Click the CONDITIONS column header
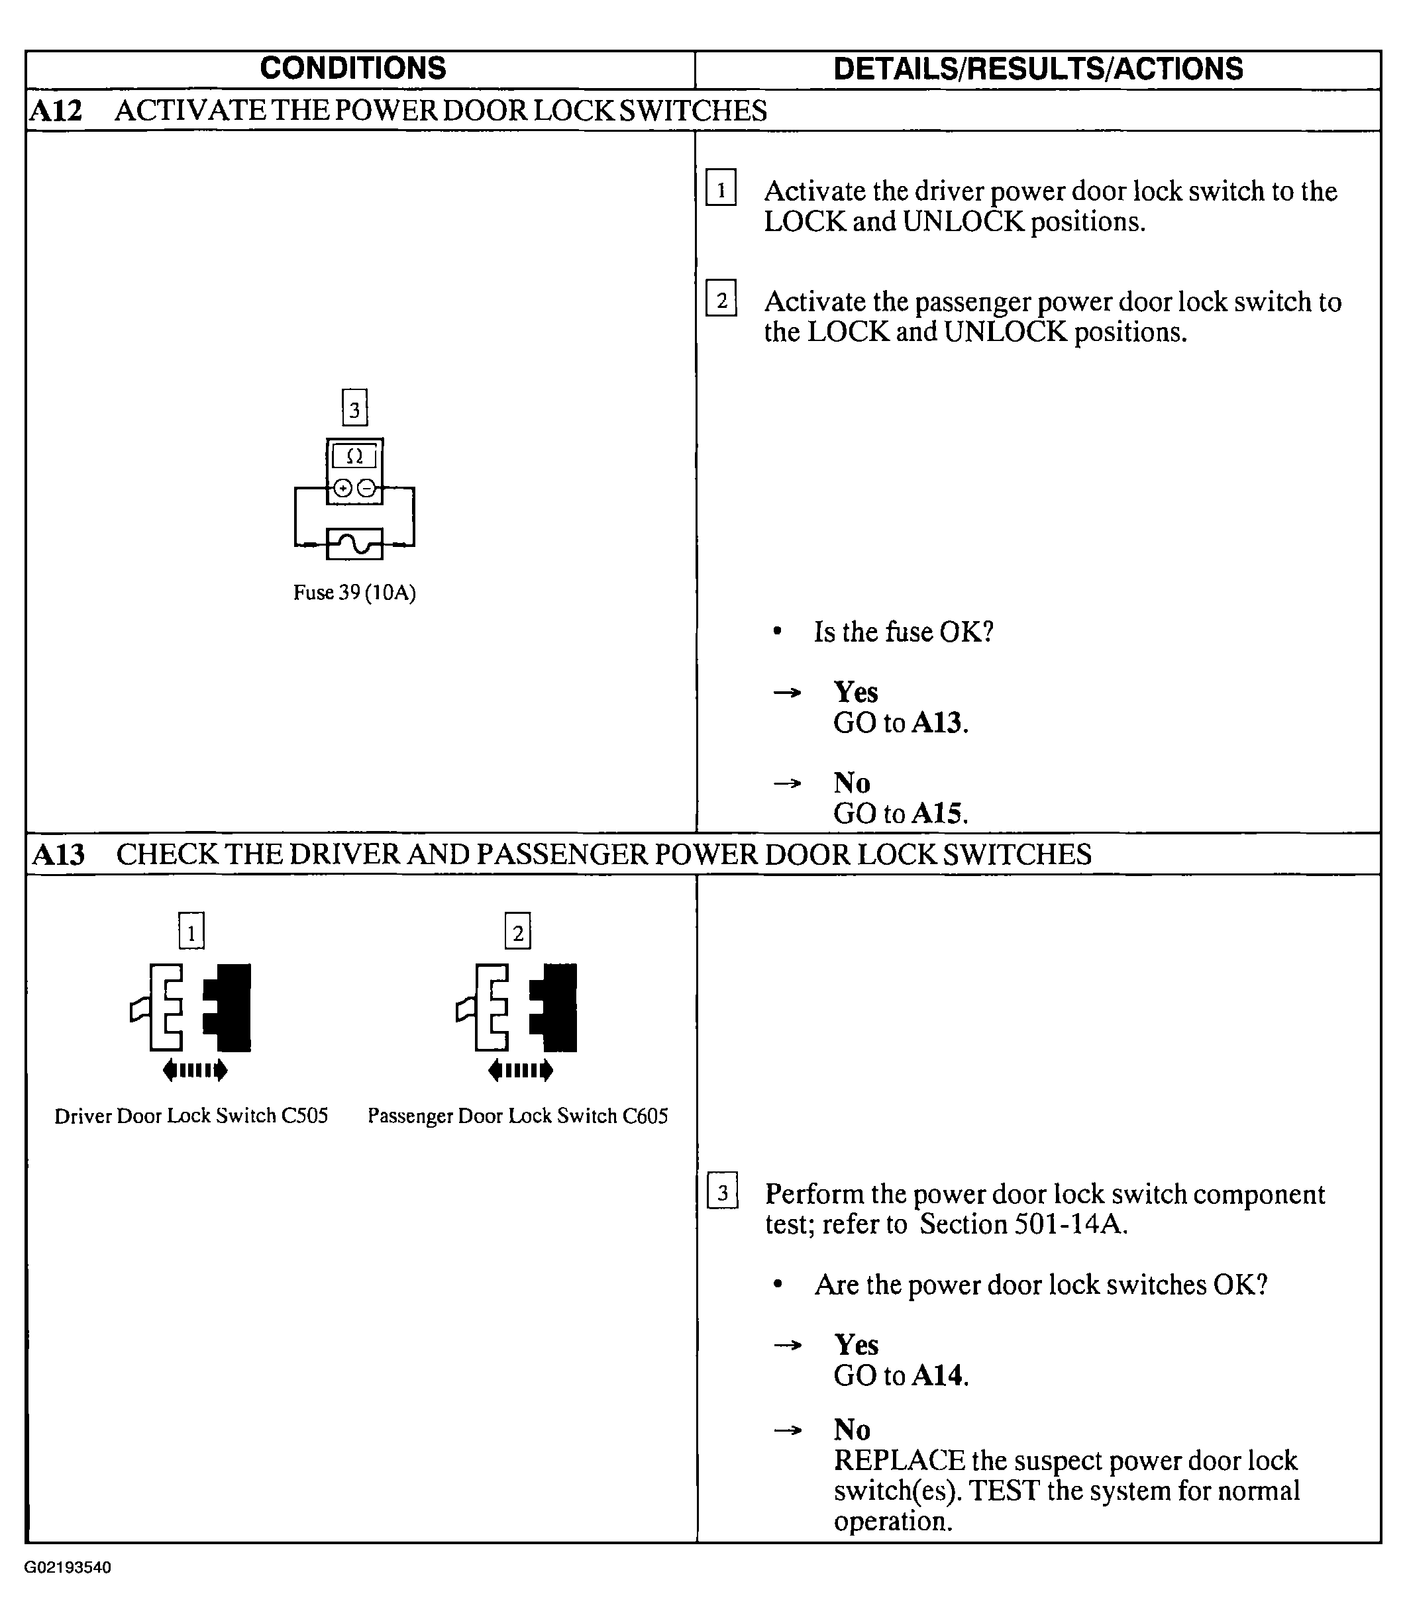[x=352, y=69]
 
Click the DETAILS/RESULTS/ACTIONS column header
[x=1037, y=69]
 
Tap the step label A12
[x=56, y=111]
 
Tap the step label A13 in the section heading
[x=58, y=855]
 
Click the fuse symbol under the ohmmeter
[x=354, y=544]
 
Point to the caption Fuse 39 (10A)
[x=354, y=593]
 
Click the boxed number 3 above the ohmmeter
[x=355, y=408]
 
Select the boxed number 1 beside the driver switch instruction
[x=721, y=188]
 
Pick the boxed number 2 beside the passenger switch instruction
[x=721, y=299]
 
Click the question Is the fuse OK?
[x=903, y=632]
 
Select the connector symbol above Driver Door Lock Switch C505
[x=191, y=1008]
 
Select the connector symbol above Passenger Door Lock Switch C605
[x=517, y=1008]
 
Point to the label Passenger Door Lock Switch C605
[x=517, y=1116]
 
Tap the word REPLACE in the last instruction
[x=899, y=1461]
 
